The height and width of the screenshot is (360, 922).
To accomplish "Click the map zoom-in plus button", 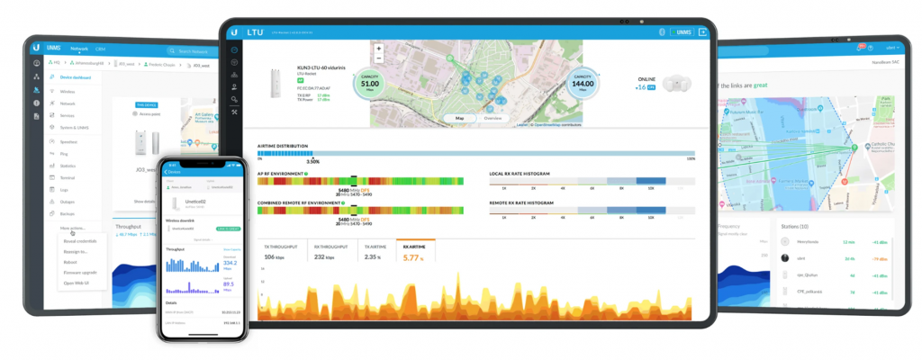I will point(379,48).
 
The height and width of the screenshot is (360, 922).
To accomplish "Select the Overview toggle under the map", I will point(493,118).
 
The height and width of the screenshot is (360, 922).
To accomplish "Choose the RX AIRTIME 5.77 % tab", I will point(415,252).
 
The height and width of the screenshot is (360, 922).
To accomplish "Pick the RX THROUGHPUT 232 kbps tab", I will point(331,252).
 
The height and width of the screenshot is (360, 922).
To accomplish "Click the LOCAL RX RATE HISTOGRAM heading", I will point(520,173).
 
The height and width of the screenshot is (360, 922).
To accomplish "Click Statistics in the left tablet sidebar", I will point(68,166).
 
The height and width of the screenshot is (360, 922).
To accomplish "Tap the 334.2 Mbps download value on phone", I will point(231,264).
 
